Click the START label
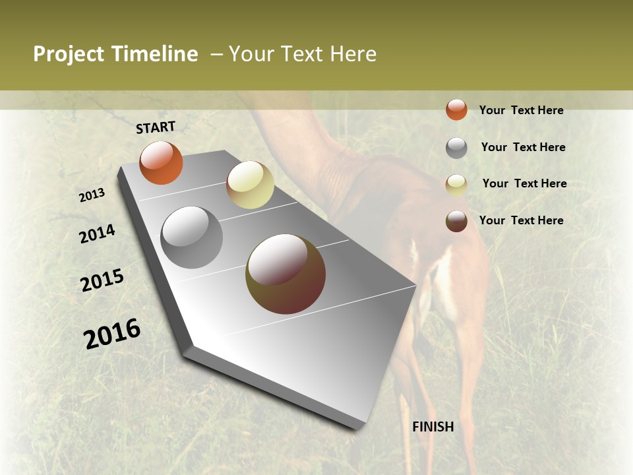[x=156, y=127]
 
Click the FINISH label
[x=433, y=427]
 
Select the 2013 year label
[x=92, y=195]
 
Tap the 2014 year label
[x=98, y=234]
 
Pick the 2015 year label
[x=102, y=280]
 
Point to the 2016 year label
[x=112, y=334]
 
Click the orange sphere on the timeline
[x=161, y=162]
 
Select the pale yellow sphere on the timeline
[x=250, y=185]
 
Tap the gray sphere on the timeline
[x=191, y=237]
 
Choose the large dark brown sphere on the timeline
[x=286, y=274]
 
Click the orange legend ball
[x=456, y=110]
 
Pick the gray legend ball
[x=456, y=148]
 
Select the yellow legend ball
[x=456, y=185]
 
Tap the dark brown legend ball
[x=456, y=221]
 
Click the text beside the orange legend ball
[x=522, y=110]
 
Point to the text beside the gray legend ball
[x=524, y=147]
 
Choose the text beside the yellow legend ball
[x=525, y=183]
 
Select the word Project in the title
[x=68, y=54]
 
